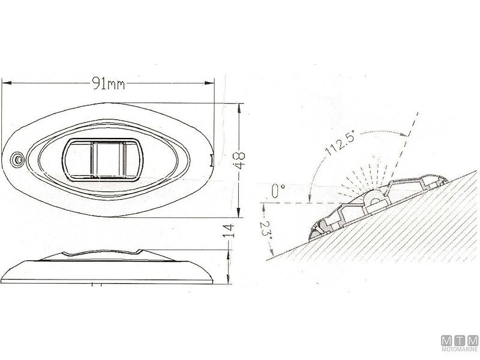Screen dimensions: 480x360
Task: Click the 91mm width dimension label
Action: [x=109, y=83]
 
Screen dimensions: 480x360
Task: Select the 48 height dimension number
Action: [x=239, y=160]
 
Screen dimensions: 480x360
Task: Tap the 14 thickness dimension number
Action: [x=229, y=231]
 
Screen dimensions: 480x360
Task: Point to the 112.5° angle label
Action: [x=339, y=143]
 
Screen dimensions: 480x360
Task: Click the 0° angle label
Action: [x=278, y=191]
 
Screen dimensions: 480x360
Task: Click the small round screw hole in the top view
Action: [x=17, y=160]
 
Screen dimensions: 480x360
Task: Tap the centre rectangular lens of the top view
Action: [x=103, y=160]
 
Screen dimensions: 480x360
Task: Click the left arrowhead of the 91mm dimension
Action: [x=6, y=83]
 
